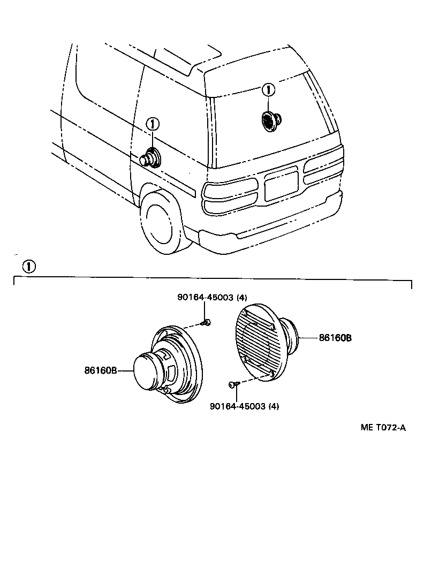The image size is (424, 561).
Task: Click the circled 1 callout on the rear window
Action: [x=268, y=90]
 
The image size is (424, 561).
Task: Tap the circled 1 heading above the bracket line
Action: [x=29, y=266]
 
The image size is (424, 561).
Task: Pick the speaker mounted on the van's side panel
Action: [x=150, y=157]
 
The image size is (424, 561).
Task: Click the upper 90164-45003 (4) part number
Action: [x=213, y=298]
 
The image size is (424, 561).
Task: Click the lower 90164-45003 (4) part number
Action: [x=245, y=406]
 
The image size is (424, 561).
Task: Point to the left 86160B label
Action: [x=100, y=370]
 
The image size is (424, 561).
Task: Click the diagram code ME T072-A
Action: [x=383, y=427]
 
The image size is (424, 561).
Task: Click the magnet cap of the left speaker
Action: [x=146, y=371]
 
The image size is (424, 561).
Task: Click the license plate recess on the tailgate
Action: [x=281, y=184]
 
